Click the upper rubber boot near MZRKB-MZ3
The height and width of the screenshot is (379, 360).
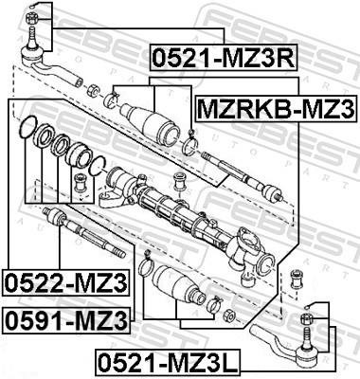pos(153,121)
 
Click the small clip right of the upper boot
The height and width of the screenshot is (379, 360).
pos(189,145)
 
